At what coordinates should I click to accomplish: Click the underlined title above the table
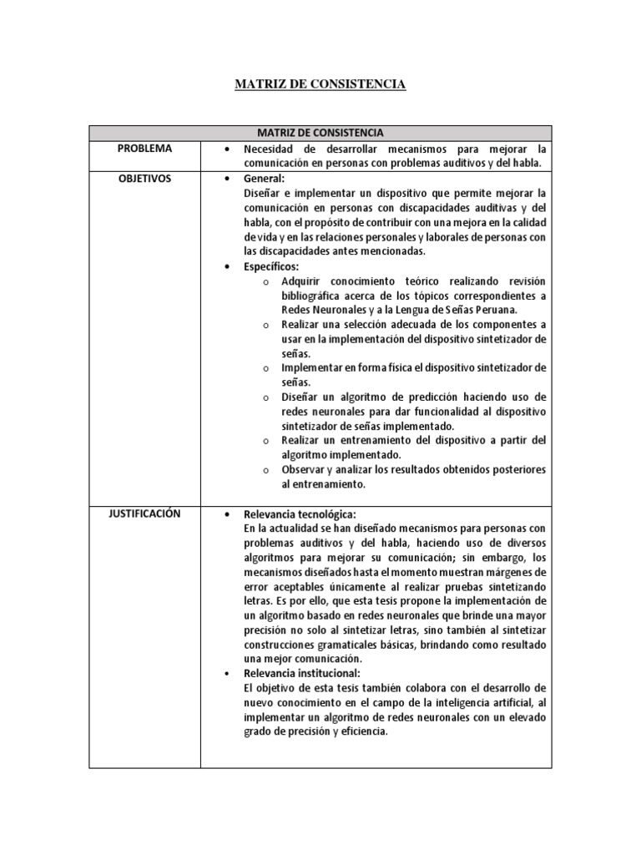click(320, 84)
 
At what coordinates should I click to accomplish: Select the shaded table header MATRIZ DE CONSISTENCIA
click(320, 133)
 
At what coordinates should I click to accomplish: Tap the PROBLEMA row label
click(144, 149)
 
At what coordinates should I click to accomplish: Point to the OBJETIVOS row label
click(144, 179)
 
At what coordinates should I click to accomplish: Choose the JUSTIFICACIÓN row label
click(144, 514)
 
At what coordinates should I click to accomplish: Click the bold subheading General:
click(264, 179)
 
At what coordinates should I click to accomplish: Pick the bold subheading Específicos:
click(271, 266)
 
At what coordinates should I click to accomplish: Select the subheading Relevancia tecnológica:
click(300, 514)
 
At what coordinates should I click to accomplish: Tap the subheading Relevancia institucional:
click(301, 673)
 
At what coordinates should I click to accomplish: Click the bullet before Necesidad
click(227, 149)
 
